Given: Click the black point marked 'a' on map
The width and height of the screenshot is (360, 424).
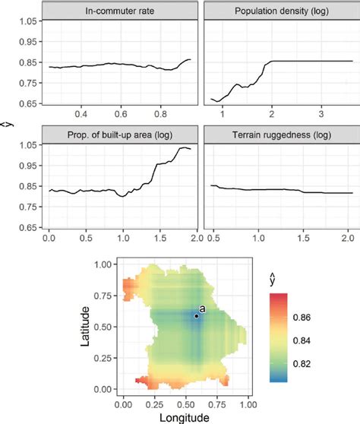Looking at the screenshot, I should pyautogui.click(x=196, y=316).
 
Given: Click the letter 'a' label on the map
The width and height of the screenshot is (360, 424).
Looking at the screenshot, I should pyautogui.click(x=201, y=309).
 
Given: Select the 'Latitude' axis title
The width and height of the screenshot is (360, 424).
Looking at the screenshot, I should pyautogui.click(x=90, y=326).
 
